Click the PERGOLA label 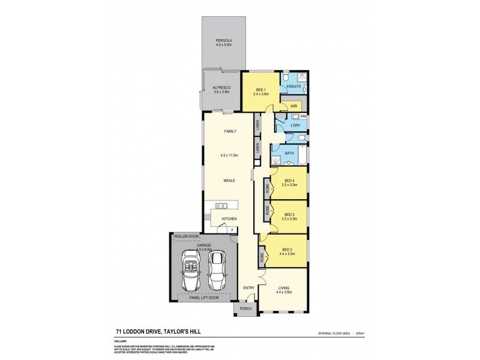click(x=224, y=41)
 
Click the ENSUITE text click(x=294, y=87)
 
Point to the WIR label click(x=293, y=106)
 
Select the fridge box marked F click(x=233, y=229)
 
